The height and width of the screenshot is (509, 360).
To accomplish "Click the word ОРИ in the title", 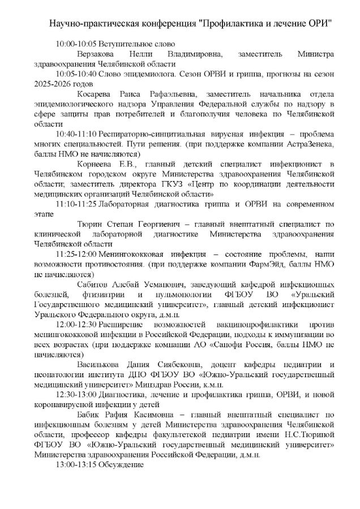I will [319, 24].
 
